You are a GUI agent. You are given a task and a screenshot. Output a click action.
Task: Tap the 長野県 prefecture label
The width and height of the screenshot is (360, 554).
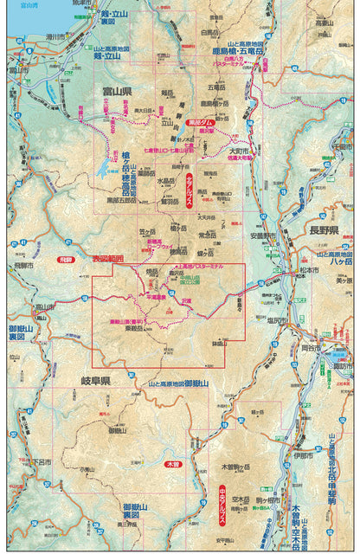(x=331, y=233)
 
